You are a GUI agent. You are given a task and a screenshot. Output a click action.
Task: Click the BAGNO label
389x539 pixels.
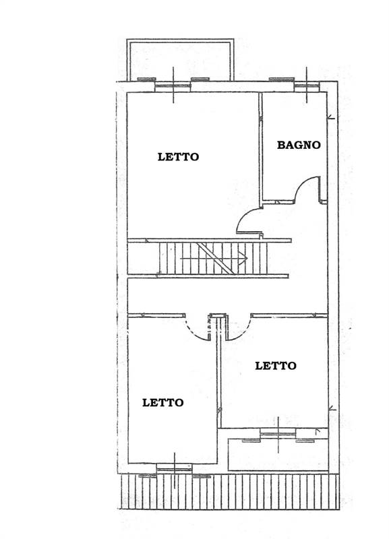pos(299,145)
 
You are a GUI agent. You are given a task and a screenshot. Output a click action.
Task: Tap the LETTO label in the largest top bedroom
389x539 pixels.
pos(178,157)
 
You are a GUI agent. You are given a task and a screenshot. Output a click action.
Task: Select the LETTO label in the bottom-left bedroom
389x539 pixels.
pos(162,402)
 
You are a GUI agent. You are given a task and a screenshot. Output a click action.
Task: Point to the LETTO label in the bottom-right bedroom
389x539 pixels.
pos(276,366)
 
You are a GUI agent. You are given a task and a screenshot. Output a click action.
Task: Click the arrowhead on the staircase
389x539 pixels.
pos(245,258)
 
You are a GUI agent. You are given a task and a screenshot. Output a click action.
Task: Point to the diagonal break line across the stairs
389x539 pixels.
pos(215,259)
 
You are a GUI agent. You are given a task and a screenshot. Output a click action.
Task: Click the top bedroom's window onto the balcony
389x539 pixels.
pos(173,86)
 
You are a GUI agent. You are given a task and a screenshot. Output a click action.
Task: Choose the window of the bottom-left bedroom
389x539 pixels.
pos(175,468)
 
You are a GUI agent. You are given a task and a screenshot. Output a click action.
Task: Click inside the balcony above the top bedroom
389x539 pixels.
pos(180,59)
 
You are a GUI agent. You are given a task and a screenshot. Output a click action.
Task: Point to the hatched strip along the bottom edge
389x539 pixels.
pos(231,492)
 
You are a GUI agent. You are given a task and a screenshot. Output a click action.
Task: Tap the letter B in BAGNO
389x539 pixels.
pos(281,145)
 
